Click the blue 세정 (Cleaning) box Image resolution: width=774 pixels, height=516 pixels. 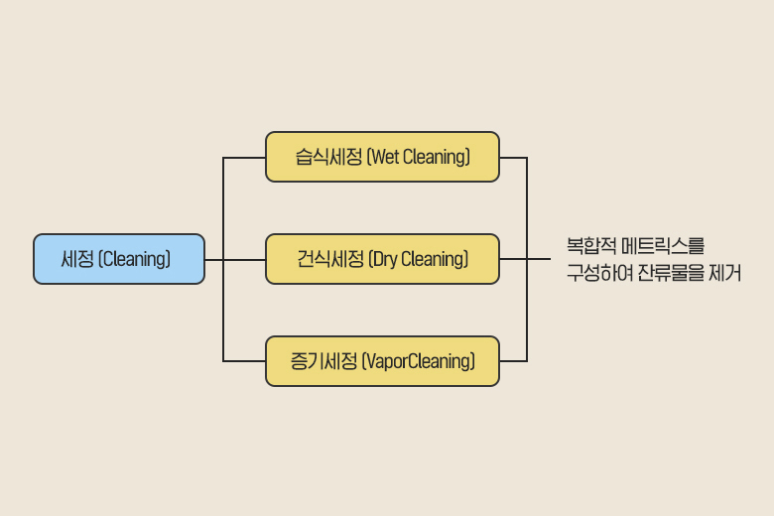tap(119, 259)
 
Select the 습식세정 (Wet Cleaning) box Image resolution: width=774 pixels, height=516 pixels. tap(382, 157)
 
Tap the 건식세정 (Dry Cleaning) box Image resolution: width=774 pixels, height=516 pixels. tap(382, 259)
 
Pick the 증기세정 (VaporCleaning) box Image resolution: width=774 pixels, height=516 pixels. tap(382, 361)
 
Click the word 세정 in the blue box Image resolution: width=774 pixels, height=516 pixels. tap(76, 259)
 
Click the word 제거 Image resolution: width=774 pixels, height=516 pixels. tap(724, 273)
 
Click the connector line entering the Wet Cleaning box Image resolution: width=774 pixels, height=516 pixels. tap(245, 157)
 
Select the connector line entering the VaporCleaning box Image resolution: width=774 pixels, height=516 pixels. tap(245, 361)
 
